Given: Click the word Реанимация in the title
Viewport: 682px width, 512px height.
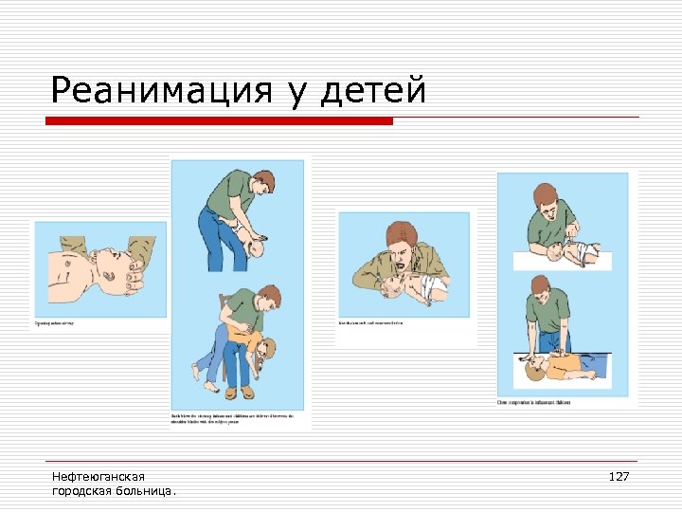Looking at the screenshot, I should [160, 91].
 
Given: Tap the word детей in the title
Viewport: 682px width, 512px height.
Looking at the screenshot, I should [375, 91].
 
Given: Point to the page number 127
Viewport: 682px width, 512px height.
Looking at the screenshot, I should [618, 476].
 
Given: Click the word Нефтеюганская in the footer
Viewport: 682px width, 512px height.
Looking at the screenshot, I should [99, 476].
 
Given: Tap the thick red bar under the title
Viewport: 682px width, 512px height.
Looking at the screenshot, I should [220, 121].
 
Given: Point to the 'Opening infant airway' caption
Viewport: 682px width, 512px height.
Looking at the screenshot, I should [55, 324].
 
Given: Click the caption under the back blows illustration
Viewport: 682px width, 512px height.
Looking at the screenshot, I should [231, 419].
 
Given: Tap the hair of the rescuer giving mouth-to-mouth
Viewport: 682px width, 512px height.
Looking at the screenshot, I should [401, 232].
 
